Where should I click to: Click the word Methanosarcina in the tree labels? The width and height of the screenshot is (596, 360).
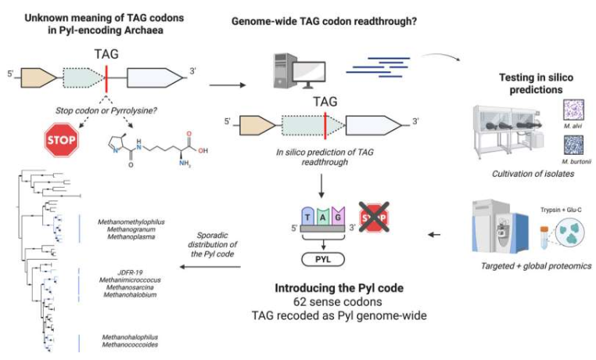[x=125, y=288]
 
